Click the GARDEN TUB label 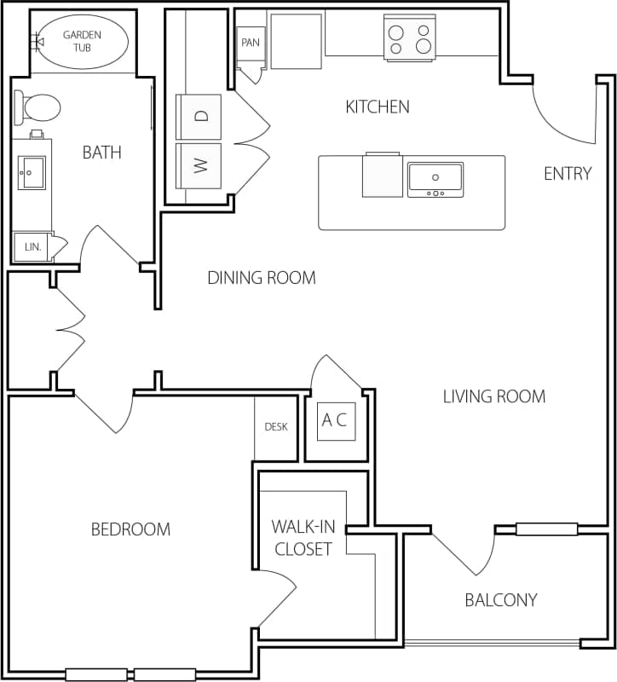[83, 40]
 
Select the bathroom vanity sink [32, 172]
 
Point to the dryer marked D [199, 117]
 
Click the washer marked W [199, 165]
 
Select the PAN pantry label [251, 43]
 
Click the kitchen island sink [435, 179]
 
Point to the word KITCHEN [377, 107]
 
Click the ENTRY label [568, 174]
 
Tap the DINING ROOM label [262, 278]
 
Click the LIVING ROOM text [494, 396]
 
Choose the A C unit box [336, 420]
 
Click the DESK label [275, 427]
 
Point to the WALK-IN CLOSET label [302, 537]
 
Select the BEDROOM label [130, 529]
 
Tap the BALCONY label [501, 600]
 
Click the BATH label [101, 153]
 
